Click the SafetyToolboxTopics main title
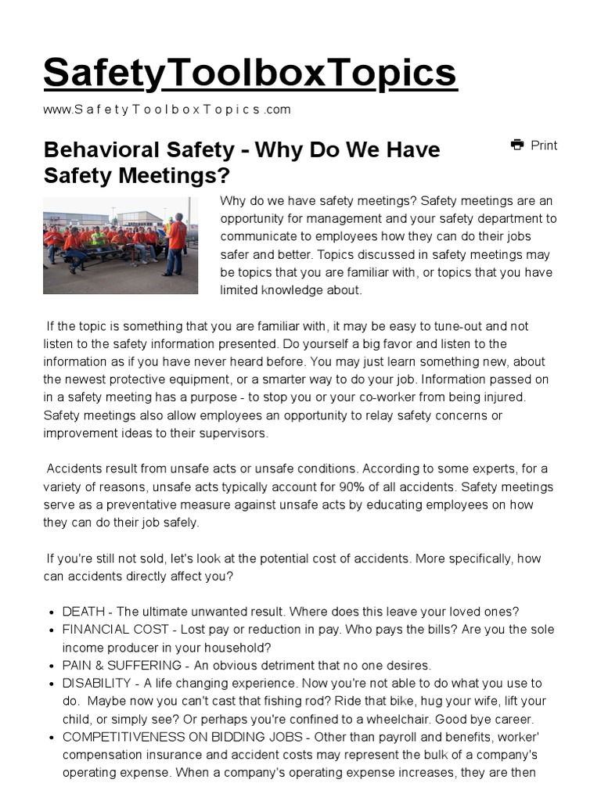click(x=250, y=73)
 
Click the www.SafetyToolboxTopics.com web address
click(x=167, y=110)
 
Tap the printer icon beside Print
click(x=516, y=145)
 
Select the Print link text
click(x=544, y=145)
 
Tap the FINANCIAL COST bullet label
click(x=116, y=630)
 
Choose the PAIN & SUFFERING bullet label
click(x=123, y=666)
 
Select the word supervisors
click(x=232, y=433)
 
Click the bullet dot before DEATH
click(x=51, y=612)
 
